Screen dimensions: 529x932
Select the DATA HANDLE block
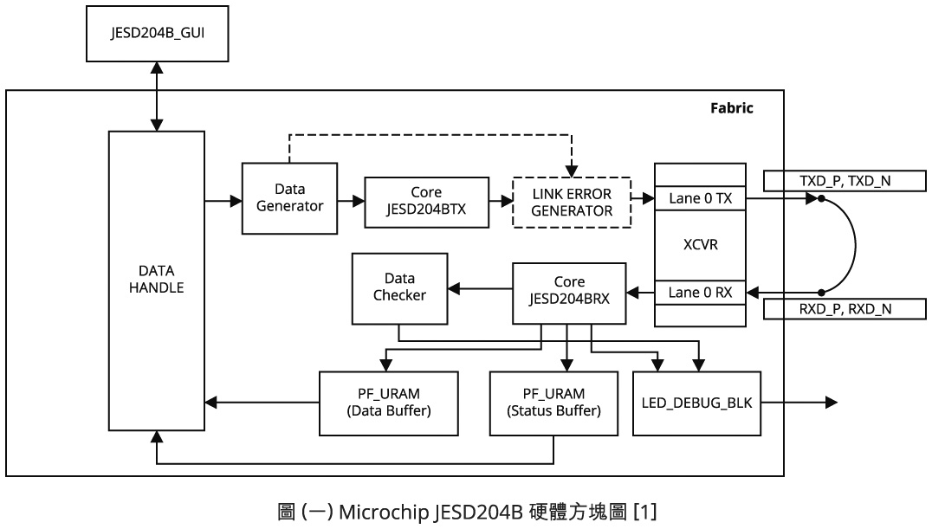[156, 280]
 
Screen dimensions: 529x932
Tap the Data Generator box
[289, 197]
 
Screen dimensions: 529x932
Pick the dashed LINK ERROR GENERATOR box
[572, 202]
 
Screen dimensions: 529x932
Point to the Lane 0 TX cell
[700, 198]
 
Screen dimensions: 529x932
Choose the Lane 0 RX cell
[700, 293]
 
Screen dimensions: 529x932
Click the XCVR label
[700, 245]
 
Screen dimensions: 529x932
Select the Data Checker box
[399, 287]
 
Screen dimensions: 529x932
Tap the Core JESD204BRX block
[569, 292]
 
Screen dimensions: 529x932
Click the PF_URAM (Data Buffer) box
[388, 403]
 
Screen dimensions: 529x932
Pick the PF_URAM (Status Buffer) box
[554, 403]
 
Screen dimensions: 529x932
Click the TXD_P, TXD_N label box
[844, 181]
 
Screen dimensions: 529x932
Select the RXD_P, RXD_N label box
[844, 308]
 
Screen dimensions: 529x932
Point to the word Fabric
[731, 108]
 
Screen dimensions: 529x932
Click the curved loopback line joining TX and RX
[855, 245]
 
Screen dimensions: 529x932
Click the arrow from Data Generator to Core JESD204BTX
[351, 201]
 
